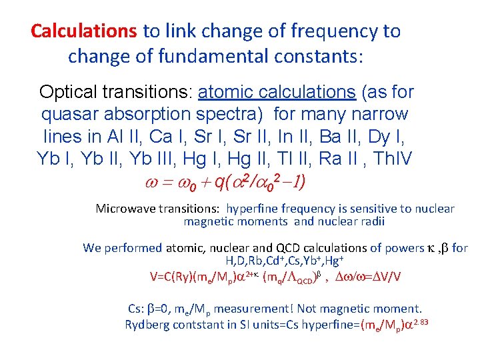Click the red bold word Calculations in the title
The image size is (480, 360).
[x=84, y=31]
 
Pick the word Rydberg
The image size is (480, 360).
[x=147, y=325]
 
